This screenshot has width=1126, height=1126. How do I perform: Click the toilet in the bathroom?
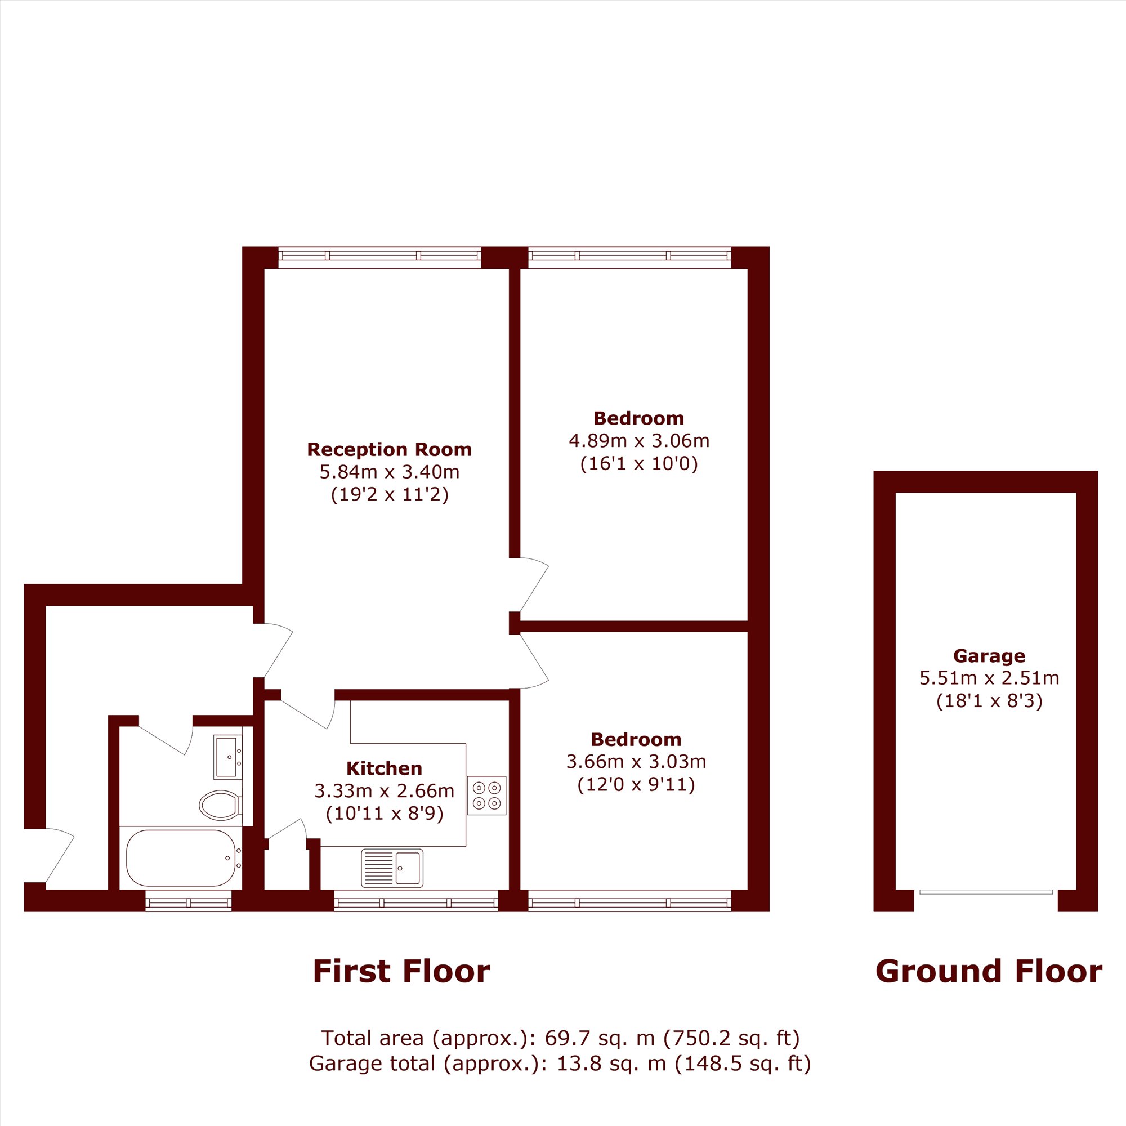[x=221, y=805]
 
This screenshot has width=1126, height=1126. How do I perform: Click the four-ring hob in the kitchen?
[x=486, y=795]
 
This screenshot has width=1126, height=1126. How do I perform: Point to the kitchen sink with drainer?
[x=392, y=868]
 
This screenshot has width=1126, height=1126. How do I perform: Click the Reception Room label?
[x=390, y=449]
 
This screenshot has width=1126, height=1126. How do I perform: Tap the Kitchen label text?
[x=384, y=768]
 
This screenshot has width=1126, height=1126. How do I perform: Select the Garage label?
[x=989, y=656]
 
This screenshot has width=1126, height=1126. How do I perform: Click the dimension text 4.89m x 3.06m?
[x=639, y=441]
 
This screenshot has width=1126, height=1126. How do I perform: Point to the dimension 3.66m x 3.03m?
[x=636, y=762]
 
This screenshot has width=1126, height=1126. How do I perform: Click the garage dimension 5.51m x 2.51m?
[x=989, y=678]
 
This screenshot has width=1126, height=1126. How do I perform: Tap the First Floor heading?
[x=401, y=972]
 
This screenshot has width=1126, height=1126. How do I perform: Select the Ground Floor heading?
[x=989, y=972]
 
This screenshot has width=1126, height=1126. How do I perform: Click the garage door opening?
[x=986, y=892]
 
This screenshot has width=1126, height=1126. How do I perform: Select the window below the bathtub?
[x=188, y=902]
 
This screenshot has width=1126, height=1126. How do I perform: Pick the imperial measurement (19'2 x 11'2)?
[x=390, y=495]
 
